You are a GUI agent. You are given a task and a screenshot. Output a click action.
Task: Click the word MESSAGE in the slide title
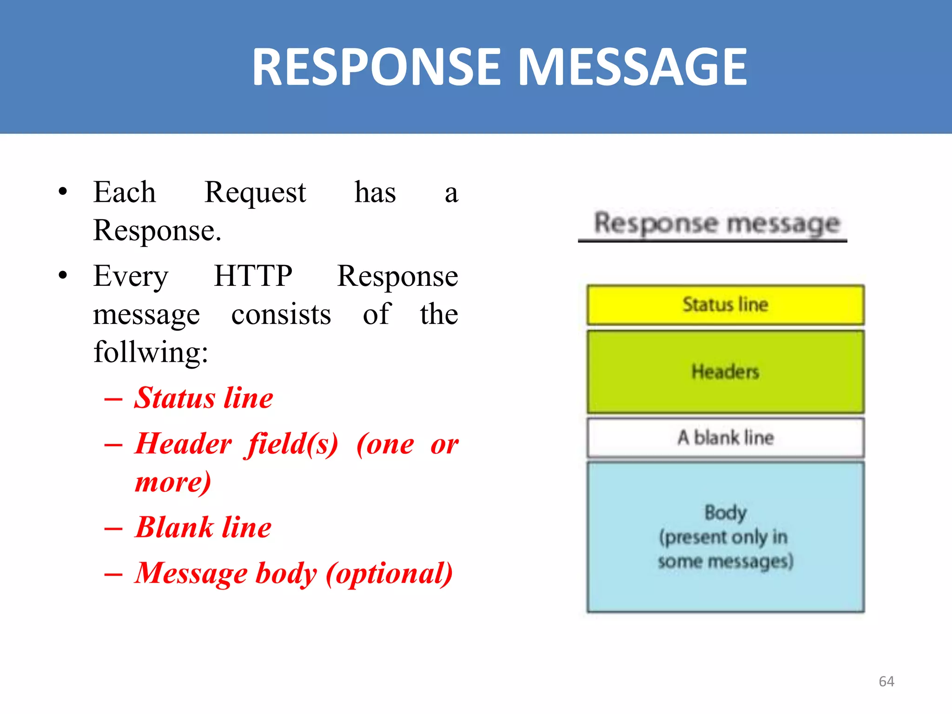tap(632, 67)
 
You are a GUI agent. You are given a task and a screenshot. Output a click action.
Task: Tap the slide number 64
tap(886, 681)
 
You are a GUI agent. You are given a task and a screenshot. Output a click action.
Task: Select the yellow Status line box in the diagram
tap(725, 305)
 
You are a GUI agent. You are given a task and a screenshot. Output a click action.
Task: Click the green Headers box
tap(725, 372)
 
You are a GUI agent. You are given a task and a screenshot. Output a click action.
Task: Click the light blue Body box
tap(725, 537)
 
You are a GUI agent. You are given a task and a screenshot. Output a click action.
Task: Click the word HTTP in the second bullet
tap(253, 276)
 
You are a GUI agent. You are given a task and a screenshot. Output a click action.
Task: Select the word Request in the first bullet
tap(255, 192)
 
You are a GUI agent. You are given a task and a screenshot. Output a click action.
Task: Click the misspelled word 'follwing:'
tap(151, 352)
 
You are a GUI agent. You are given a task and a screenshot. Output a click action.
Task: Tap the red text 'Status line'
tap(204, 398)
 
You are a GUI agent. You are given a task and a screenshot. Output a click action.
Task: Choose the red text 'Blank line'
tap(203, 528)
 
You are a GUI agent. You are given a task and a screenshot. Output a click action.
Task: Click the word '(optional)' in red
tap(389, 574)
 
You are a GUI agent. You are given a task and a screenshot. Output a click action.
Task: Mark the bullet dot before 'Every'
tap(63, 276)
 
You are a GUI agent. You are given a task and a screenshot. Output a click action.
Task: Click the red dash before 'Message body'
tap(113, 575)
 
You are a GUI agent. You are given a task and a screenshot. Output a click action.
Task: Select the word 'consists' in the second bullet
tap(281, 315)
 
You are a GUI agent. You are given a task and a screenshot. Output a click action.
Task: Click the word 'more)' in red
tap(173, 482)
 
